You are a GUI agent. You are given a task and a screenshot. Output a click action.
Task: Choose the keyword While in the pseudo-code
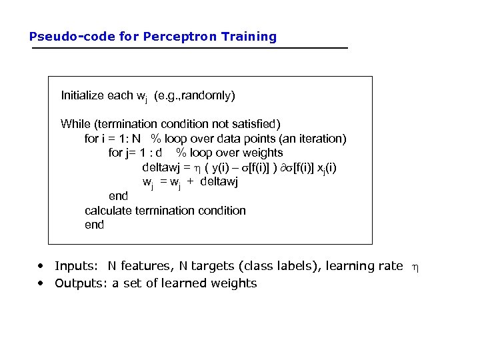click(75, 124)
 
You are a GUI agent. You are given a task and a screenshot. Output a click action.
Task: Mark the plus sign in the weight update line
click(190, 182)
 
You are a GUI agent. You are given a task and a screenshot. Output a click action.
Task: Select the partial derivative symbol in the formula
click(285, 167)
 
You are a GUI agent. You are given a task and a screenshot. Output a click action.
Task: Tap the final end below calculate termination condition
click(94, 225)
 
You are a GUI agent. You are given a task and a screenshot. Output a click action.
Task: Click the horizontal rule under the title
click(189, 48)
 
